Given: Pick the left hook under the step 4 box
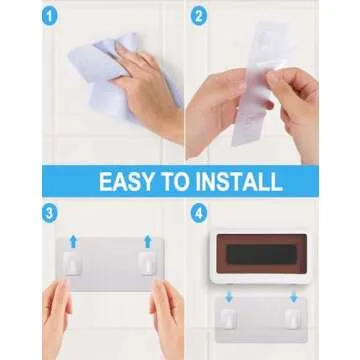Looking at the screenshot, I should click(229, 318).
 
